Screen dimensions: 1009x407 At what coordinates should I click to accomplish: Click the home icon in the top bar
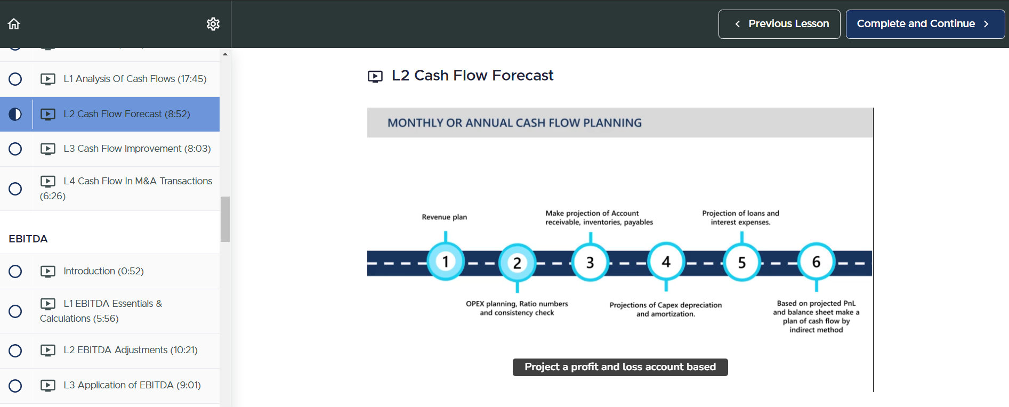(x=14, y=24)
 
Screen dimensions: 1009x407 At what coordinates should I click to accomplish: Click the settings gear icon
(x=213, y=24)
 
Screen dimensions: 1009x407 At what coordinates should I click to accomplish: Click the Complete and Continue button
(x=925, y=24)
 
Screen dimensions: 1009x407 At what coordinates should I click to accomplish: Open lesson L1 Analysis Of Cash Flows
(x=135, y=79)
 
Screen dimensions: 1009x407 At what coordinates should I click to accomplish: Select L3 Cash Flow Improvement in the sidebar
(x=137, y=149)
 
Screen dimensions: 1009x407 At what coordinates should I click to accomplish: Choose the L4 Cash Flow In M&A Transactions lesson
(x=126, y=189)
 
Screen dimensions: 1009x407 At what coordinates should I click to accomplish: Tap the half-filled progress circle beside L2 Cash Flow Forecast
(x=15, y=114)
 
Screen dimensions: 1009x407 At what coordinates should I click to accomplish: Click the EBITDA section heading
(x=28, y=239)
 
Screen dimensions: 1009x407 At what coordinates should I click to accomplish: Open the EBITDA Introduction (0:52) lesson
(x=103, y=271)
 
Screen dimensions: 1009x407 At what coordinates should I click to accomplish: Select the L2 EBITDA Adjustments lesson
(x=131, y=350)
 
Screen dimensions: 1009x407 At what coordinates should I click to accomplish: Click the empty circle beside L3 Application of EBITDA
(x=15, y=386)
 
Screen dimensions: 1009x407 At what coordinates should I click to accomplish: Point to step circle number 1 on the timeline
(x=446, y=262)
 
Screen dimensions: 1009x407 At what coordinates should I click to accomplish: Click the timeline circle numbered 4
(x=666, y=262)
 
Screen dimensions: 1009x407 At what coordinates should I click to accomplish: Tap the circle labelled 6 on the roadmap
(x=816, y=262)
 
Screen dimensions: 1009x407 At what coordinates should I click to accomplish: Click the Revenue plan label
(x=445, y=217)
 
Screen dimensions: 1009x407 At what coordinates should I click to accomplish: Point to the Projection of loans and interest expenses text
(x=741, y=217)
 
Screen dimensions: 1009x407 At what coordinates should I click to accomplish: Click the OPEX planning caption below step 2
(x=517, y=308)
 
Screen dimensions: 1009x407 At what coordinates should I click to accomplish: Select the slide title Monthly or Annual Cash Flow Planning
(x=515, y=123)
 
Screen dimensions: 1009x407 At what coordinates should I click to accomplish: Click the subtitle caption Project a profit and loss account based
(x=620, y=367)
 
